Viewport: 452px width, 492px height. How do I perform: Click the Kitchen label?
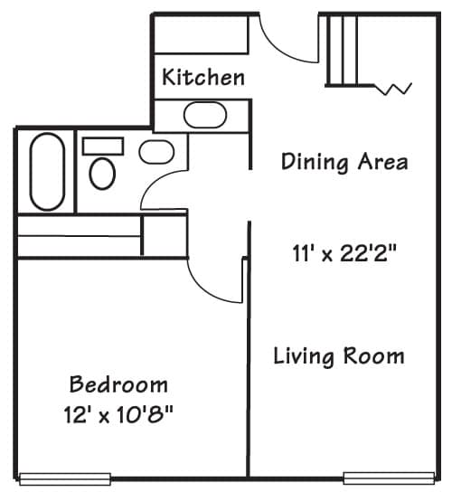[203, 77]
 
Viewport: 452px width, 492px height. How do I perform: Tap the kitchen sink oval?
[205, 115]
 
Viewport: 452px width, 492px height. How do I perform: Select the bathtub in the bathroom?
[47, 172]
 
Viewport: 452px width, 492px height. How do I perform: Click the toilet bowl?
[102, 174]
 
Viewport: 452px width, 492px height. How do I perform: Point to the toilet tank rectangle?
[103, 147]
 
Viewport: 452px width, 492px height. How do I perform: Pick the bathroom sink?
[156, 152]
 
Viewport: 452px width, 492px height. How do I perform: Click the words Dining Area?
[344, 162]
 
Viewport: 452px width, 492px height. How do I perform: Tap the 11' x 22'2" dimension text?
[344, 253]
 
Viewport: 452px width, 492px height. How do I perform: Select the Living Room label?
[339, 356]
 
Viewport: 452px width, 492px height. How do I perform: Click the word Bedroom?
[118, 384]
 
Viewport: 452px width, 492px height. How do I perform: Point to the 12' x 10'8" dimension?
[118, 414]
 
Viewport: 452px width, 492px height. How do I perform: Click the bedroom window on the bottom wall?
[65, 479]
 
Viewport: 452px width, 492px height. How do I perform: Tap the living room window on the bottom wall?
[389, 478]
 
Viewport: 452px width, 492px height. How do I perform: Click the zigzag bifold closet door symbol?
[393, 90]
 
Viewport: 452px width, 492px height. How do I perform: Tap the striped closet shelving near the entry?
[342, 51]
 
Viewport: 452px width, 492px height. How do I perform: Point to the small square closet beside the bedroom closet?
[165, 235]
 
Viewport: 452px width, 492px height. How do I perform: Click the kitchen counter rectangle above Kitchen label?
[202, 34]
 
